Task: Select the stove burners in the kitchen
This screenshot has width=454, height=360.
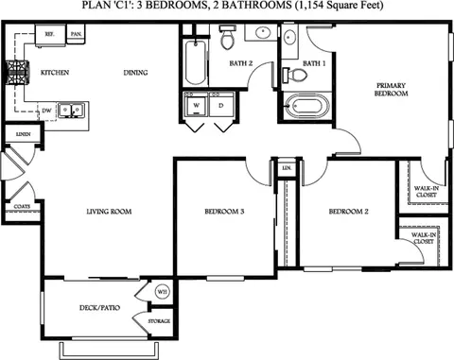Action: pyautogui.click(x=18, y=71)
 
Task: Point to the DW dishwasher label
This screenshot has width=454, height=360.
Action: pyautogui.click(x=45, y=110)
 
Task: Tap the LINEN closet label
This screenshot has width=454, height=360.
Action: pyautogui.click(x=22, y=135)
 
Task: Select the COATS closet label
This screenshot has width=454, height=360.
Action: pyautogui.click(x=21, y=205)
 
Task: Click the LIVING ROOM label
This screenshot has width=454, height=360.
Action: pyautogui.click(x=107, y=212)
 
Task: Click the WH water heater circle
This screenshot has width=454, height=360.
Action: pyautogui.click(x=161, y=290)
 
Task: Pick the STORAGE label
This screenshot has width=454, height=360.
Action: pyautogui.click(x=160, y=322)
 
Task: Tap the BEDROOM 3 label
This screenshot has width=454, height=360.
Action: pyautogui.click(x=224, y=212)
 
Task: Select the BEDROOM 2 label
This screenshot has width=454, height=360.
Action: pyautogui.click(x=347, y=212)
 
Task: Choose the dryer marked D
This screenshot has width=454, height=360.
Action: pyautogui.click(x=220, y=105)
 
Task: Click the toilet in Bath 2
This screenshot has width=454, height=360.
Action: pyautogui.click(x=227, y=40)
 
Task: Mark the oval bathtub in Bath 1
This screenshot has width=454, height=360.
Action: pyautogui.click(x=304, y=106)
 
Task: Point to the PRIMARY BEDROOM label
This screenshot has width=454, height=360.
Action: pyautogui.click(x=391, y=89)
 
